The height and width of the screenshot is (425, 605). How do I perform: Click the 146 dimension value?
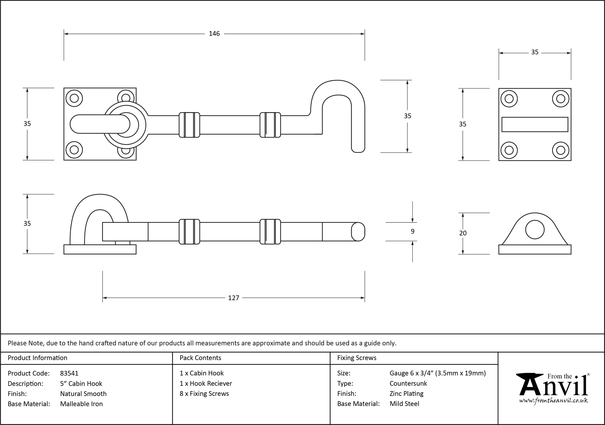214,34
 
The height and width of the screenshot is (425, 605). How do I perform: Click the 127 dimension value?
234,298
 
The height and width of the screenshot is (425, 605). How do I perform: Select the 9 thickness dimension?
413,232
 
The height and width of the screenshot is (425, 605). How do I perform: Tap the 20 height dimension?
463,233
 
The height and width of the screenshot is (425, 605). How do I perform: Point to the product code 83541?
69,373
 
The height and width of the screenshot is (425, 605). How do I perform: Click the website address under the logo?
553,401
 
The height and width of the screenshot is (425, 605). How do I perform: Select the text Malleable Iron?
81,404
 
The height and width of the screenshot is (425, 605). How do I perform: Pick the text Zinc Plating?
406,394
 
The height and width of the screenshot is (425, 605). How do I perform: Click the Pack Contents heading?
200,358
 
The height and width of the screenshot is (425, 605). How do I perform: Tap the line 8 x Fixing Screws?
204,394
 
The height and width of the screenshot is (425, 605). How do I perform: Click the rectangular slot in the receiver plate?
535,124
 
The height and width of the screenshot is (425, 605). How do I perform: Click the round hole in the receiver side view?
535,230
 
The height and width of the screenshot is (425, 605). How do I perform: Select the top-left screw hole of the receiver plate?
509,99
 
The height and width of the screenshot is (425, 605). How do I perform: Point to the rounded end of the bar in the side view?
358,232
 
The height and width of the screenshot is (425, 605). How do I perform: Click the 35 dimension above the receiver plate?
535,52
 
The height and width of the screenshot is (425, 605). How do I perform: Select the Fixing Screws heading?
357,358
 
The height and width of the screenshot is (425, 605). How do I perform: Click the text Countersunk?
408,384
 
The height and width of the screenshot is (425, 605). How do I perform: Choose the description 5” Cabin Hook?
81,384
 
